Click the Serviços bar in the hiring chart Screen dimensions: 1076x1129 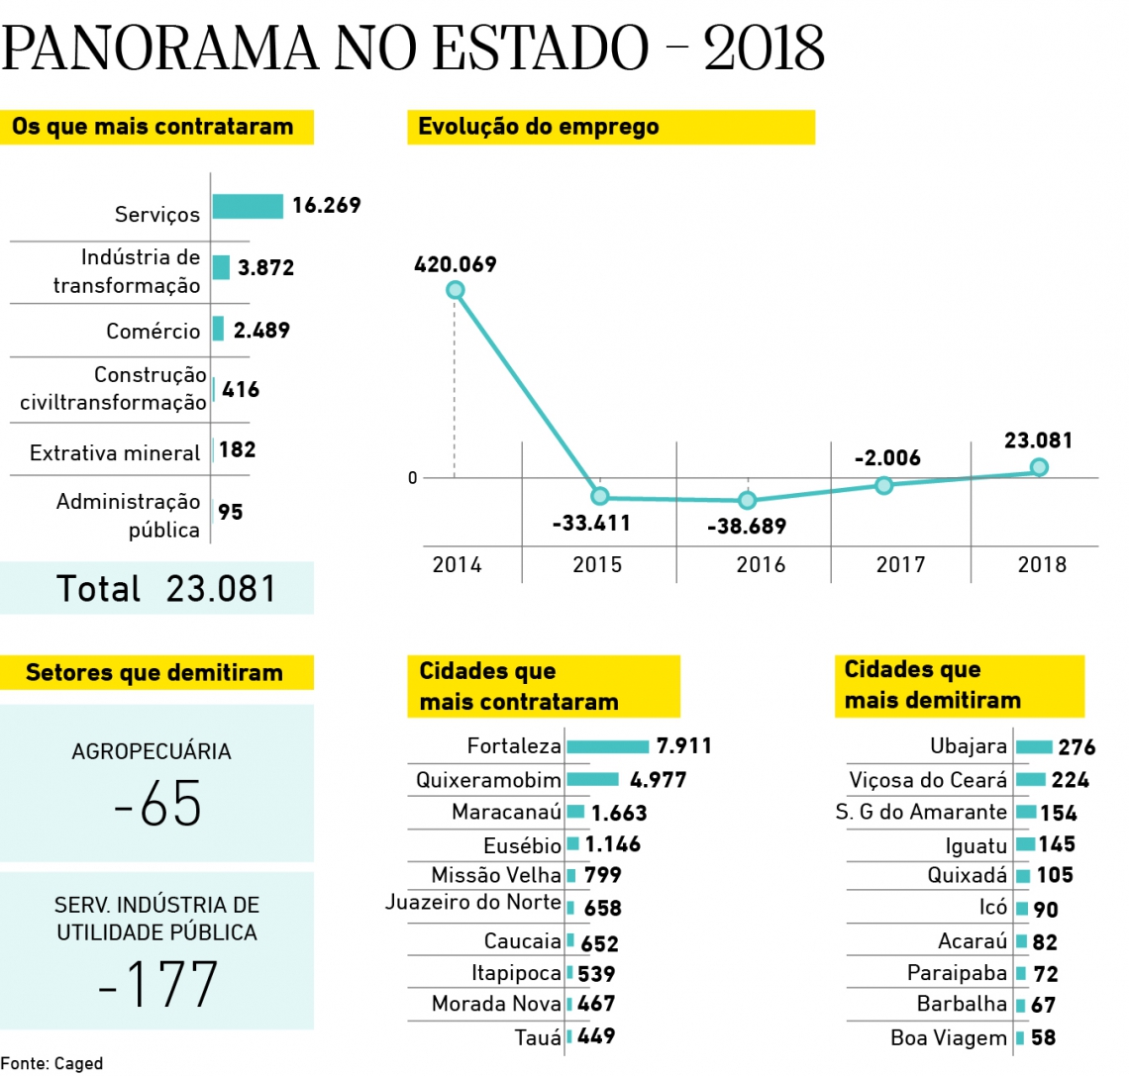248,206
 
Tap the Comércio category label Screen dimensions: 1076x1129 154,331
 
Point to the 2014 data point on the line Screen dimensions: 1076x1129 455,289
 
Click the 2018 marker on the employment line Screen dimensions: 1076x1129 1039,467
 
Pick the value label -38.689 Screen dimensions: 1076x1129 746,527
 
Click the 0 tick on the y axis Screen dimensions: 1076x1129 413,478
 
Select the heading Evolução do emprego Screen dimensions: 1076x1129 538,127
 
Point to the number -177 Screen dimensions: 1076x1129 157,984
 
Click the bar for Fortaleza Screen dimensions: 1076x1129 607,746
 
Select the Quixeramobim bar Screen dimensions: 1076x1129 592,779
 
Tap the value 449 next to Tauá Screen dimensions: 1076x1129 596,1036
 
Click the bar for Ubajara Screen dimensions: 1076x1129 1033,746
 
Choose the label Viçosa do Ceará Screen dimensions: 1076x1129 928,780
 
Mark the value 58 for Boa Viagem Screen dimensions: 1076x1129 1043,1038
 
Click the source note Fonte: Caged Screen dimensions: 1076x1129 51,1064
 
